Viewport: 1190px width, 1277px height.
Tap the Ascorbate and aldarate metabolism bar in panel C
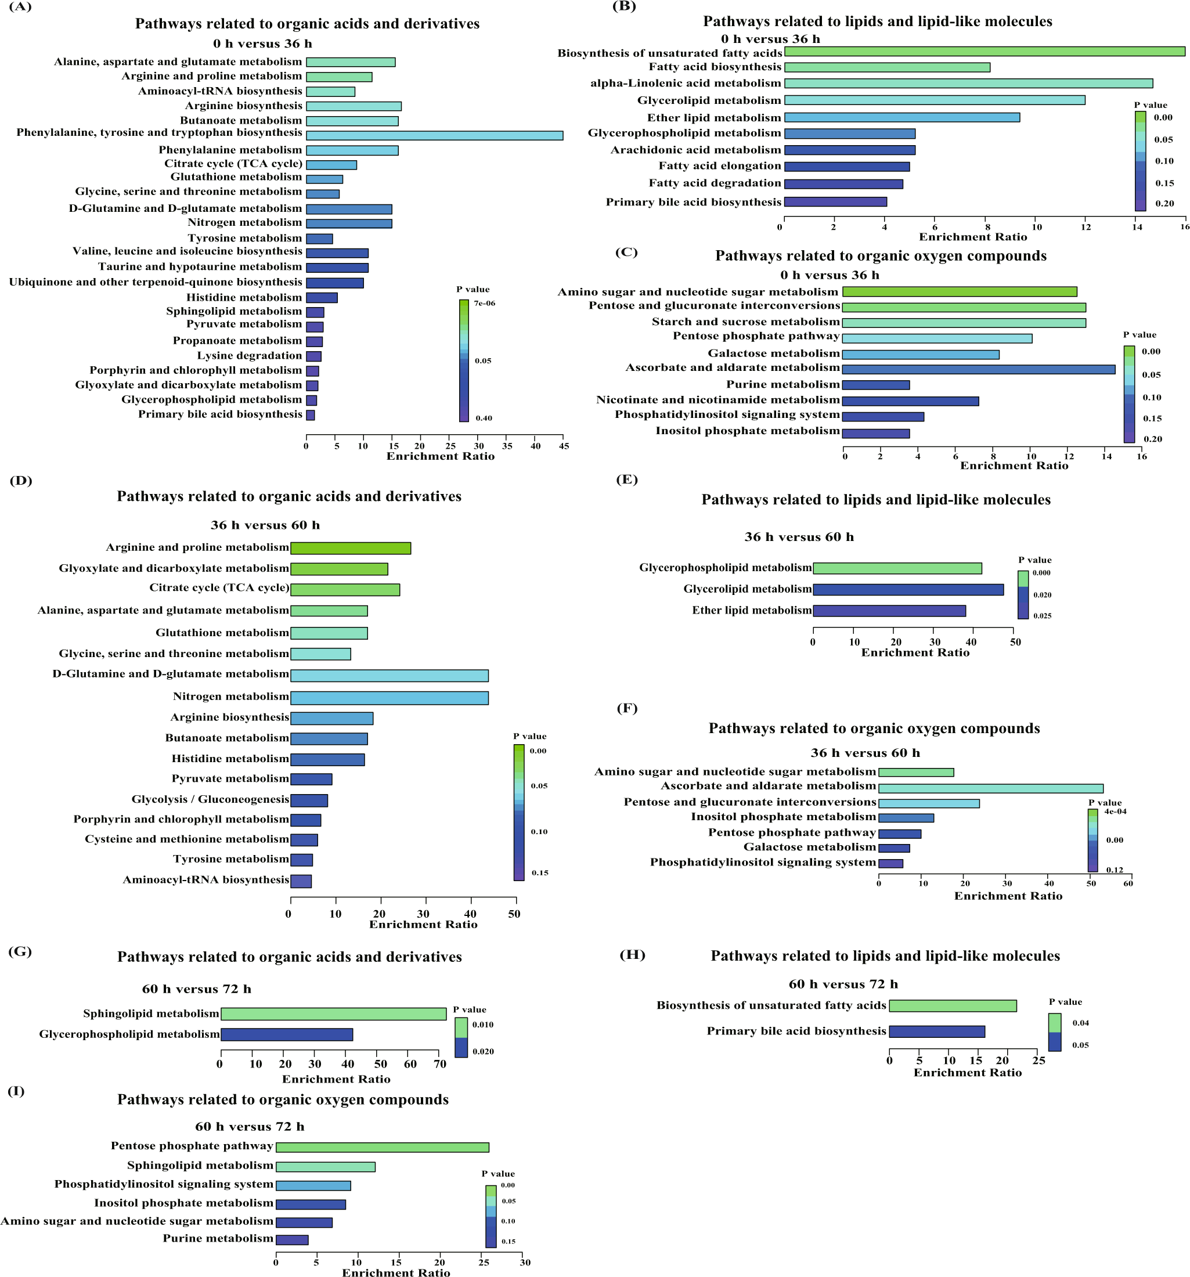pos(978,369)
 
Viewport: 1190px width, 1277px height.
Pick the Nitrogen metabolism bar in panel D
pos(389,698)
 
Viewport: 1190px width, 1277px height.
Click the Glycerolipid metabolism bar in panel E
pos(907,590)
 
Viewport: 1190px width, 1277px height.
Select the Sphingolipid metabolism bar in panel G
pos(333,1013)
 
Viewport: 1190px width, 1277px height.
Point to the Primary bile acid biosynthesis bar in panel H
pos(936,1031)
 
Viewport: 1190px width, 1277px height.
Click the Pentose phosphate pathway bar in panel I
pos(382,1147)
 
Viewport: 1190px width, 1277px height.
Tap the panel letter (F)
pos(626,708)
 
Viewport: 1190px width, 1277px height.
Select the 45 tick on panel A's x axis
pos(564,446)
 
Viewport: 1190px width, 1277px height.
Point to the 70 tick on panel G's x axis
pos(439,1065)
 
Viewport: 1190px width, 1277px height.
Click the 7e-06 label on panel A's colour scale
pos(485,303)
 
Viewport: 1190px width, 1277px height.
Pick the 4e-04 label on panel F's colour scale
pos(1115,811)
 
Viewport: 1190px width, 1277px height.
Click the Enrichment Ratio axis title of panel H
pos(967,1073)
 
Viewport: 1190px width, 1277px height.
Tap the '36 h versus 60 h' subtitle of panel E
pos(799,537)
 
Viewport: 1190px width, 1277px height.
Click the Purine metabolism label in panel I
pos(218,1239)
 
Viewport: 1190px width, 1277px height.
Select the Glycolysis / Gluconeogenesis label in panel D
pos(210,799)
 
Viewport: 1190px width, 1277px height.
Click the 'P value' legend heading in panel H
pos(1065,1002)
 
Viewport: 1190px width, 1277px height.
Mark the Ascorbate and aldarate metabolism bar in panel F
pos(990,788)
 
